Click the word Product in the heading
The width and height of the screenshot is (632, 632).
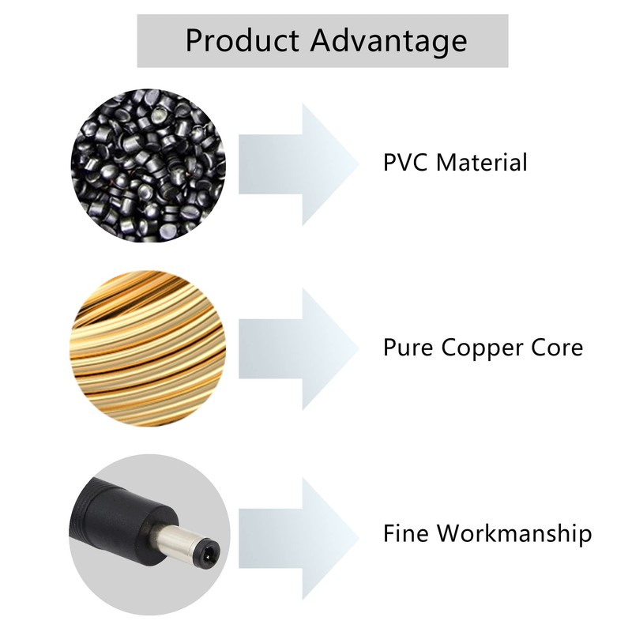point(242,40)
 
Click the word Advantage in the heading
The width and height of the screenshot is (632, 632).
point(389,42)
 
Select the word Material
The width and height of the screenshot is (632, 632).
point(482,162)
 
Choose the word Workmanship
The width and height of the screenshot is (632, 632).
point(515,535)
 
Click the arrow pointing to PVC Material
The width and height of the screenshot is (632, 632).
point(299,164)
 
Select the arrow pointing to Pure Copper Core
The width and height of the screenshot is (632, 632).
point(299,349)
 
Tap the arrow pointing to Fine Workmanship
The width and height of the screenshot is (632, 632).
point(299,539)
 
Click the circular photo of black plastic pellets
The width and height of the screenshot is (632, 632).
point(149,166)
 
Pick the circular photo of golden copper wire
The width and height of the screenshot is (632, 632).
point(148,348)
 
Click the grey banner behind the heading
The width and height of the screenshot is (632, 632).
point(322,41)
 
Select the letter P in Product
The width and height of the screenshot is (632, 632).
point(194,40)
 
